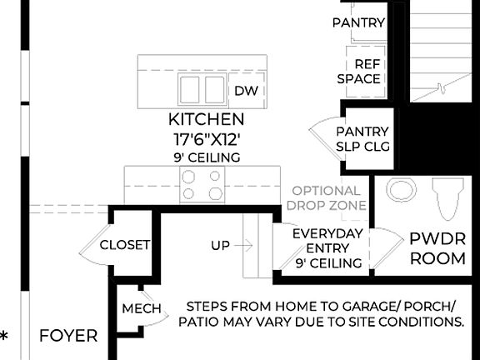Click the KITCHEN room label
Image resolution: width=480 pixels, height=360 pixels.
206,119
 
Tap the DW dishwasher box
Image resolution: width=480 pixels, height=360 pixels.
245,91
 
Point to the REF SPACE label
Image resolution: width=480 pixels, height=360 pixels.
359,71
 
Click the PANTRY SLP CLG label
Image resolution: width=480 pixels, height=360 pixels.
362,139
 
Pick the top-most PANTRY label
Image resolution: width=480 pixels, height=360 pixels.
358,22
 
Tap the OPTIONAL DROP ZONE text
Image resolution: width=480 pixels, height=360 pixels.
327,197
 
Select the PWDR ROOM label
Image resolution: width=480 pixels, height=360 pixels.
437,248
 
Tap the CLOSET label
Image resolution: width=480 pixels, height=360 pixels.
124,245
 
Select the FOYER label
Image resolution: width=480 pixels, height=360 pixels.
68,337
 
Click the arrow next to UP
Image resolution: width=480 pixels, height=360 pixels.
243,246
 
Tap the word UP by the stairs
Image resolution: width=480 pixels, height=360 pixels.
221,246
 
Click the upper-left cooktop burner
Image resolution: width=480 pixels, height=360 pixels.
190,177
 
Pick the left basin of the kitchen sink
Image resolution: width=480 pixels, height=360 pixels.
189,88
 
